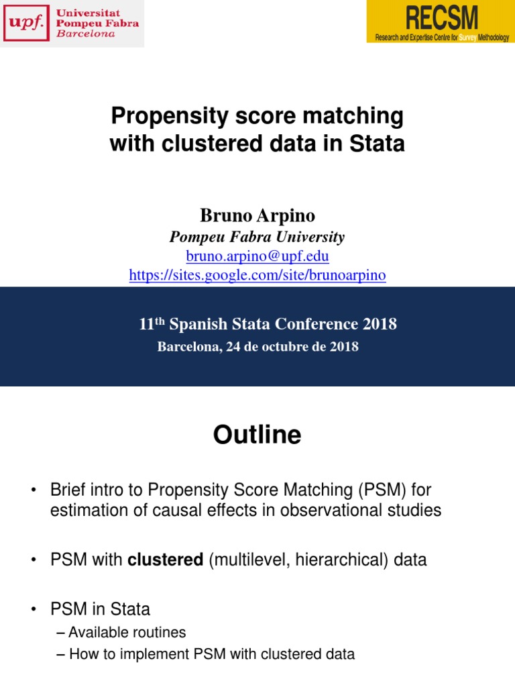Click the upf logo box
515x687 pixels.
pyautogui.click(x=25, y=23)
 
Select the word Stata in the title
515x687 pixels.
pyautogui.click(x=379, y=143)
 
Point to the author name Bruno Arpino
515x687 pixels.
pyautogui.click(x=257, y=215)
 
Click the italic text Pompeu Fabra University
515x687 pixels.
pyautogui.click(x=257, y=237)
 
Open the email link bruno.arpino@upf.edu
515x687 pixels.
pyautogui.click(x=257, y=256)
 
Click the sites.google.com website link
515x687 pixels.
pyautogui.click(x=257, y=275)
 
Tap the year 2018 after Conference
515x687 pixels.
pyautogui.click(x=380, y=325)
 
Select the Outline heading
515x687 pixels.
pyautogui.click(x=257, y=435)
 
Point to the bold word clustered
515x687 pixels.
pyautogui.click(x=166, y=560)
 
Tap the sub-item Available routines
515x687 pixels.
pyautogui.click(x=127, y=632)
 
